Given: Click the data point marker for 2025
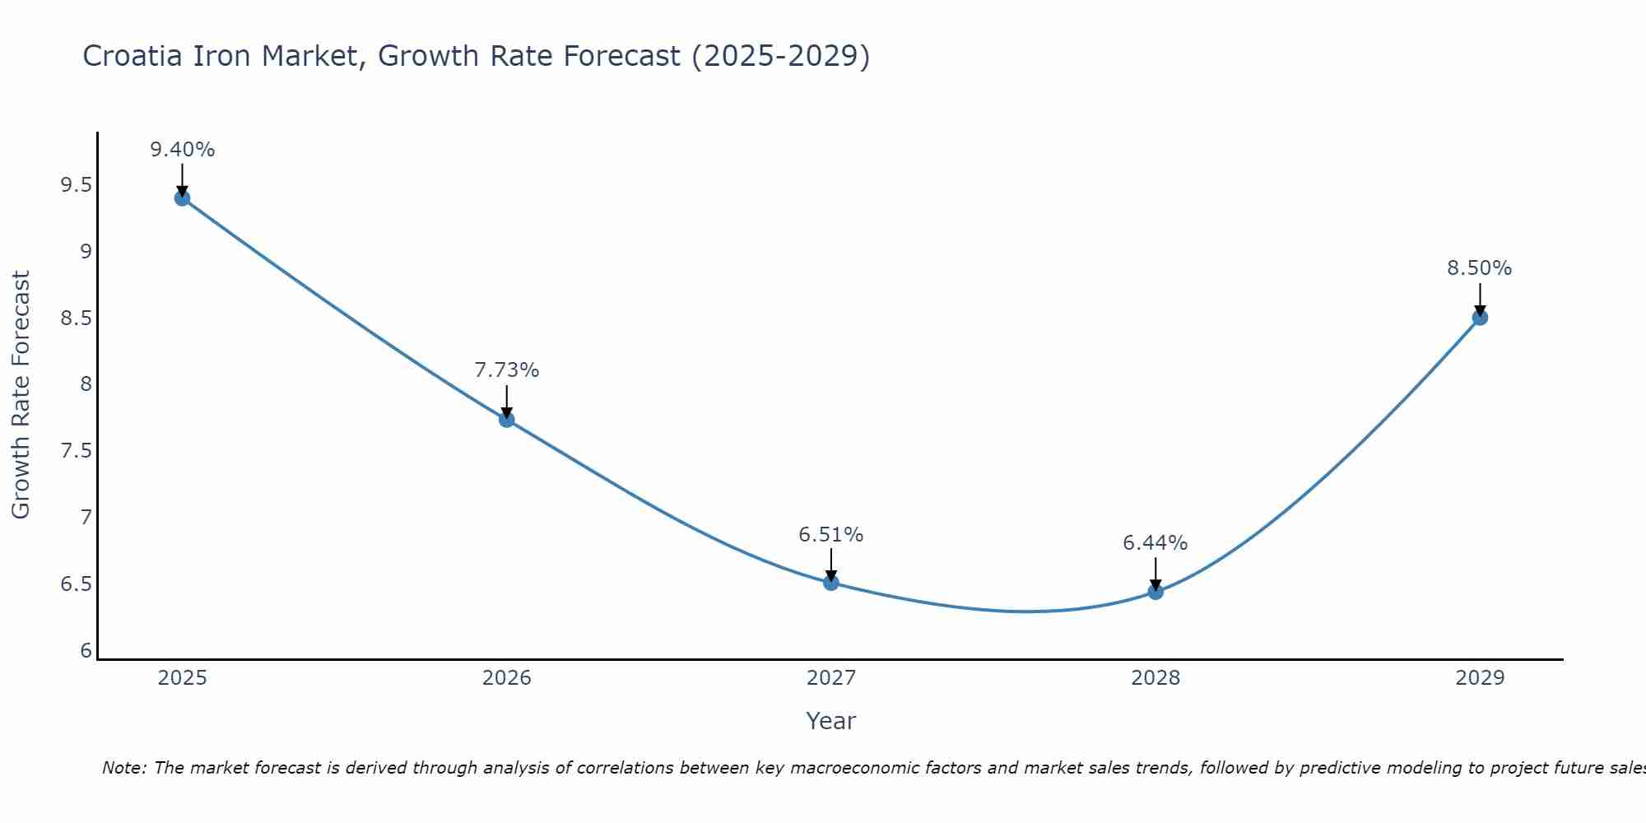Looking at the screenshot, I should point(183,198).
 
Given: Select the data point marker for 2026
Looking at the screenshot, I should point(507,420).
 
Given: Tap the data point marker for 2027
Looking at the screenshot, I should point(831,583).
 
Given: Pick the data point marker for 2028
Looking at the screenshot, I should point(1155,592).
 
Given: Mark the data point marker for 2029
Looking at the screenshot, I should point(1480,318).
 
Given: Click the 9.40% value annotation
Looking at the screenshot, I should point(183,150).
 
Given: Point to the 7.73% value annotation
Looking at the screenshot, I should point(507,370).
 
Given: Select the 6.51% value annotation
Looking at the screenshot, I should point(831,535).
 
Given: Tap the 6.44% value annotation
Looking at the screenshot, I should point(1155,543).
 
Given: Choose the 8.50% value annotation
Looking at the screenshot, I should point(1480,268).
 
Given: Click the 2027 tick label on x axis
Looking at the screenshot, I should point(831,678).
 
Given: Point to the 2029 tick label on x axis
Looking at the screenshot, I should point(1480,678).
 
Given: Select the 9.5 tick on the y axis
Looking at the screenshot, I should point(77,185).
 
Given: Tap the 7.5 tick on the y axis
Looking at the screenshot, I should point(77,451).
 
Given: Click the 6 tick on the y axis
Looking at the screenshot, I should point(86,651).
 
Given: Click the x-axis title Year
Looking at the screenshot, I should point(831,721).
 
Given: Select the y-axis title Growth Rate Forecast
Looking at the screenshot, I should point(21,395).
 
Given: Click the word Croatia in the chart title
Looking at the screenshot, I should point(133,56).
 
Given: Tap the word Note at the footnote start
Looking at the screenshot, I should point(123,768).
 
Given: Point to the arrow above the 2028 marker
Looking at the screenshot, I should point(1155,574).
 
